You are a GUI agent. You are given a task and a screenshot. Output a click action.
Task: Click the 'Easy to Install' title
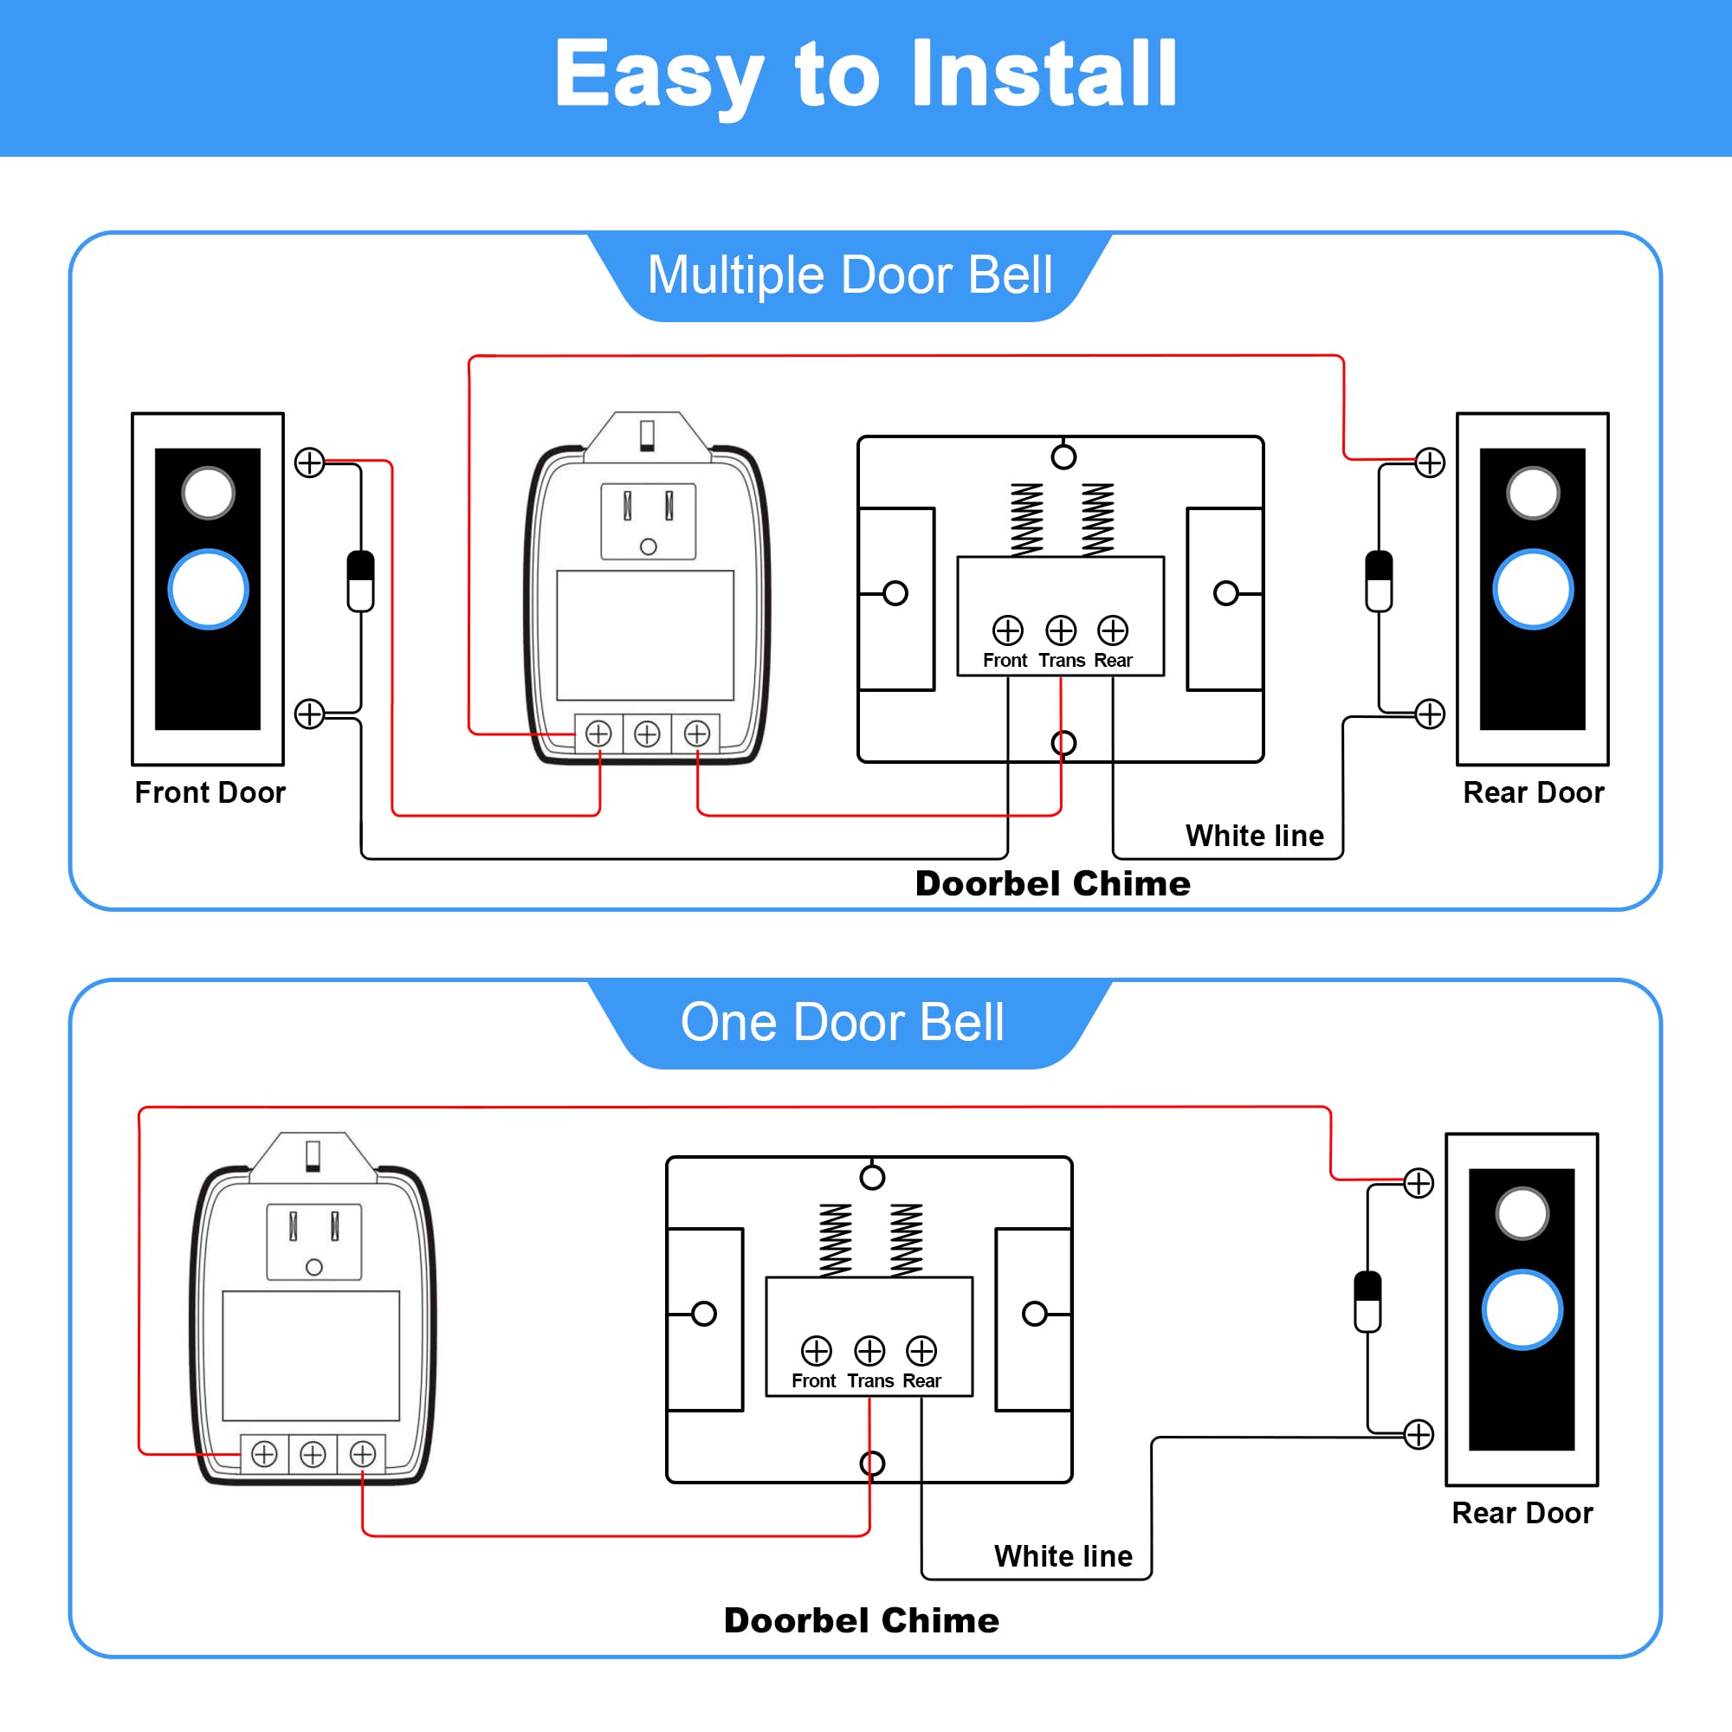[865, 75]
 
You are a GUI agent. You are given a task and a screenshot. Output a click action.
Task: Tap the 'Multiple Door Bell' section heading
[849, 275]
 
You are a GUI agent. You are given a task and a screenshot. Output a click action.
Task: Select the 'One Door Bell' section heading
[842, 1022]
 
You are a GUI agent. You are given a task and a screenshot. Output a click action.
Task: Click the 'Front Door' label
[210, 792]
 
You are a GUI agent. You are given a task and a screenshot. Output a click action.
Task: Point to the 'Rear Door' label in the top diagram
[1533, 792]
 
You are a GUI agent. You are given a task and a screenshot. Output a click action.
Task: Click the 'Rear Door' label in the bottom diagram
[1522, 1513]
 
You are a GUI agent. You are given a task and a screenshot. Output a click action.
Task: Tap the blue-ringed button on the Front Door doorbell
[208, 589]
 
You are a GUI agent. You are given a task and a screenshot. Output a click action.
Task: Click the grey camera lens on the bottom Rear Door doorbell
[1522, 1214]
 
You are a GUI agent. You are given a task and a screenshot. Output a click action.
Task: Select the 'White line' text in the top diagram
[1254, 836]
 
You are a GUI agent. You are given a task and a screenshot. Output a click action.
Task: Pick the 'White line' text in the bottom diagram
[1063, 1556]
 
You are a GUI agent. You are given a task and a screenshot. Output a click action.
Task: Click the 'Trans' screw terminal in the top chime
[1061, 630]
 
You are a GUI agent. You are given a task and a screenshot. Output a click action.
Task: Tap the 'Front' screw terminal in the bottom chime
[816, 1350]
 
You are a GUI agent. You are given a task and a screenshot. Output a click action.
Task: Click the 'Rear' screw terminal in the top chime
[1113, 630]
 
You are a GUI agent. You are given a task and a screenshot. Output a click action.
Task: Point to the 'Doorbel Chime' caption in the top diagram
[1052, 884]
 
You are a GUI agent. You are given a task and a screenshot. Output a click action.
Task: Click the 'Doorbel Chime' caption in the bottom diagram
[861, 1621]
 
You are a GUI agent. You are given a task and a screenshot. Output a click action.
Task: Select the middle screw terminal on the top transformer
[646, 734]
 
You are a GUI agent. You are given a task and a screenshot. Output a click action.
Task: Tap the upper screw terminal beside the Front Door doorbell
[309, 462]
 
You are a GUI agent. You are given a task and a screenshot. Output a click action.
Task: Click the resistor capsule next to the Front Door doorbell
[360, 581]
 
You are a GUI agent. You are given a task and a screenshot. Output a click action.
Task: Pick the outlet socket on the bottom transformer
[313, 1241]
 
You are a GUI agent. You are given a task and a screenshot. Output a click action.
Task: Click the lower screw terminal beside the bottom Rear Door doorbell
[1419, 1434]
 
